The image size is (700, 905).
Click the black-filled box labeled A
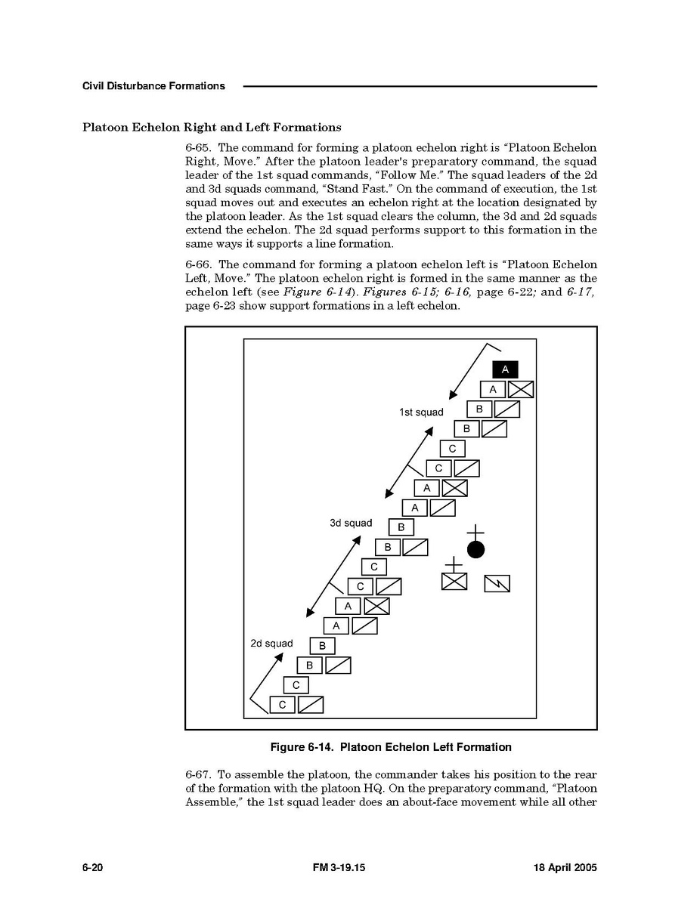pyautogui.click(x=505, y=369)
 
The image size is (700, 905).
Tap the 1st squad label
pyautogui.click(x=421, y=412)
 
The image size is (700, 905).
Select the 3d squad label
pyautogui.click(x=351, y=523)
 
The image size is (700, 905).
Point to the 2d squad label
pyautogui.click(x=271, y=644)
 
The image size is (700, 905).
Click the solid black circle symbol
pyautogui.click(x=475, y=549)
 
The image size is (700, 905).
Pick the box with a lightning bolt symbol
pyautogui.click(x=497, y=583)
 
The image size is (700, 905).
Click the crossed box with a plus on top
pyautogui.click(x=454, y=579)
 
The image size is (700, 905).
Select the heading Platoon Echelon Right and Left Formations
pyautogui.click(x=212, y=127)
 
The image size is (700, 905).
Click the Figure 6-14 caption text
pyautogui.click(x=391, y=747)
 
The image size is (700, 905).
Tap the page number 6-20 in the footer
pyautogui.click(x=92, y=868)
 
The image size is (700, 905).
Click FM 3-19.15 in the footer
pyautogui.click(x=338, y=868)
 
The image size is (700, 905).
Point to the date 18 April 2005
pyautogui.click(x=560, y=868)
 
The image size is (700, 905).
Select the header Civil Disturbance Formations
pyautogui.click(x=153, y=86)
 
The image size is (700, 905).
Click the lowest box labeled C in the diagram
pyautogui.click(x=282, y=705)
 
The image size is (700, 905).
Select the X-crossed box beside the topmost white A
pyautogui.click(x=521, y=389)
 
